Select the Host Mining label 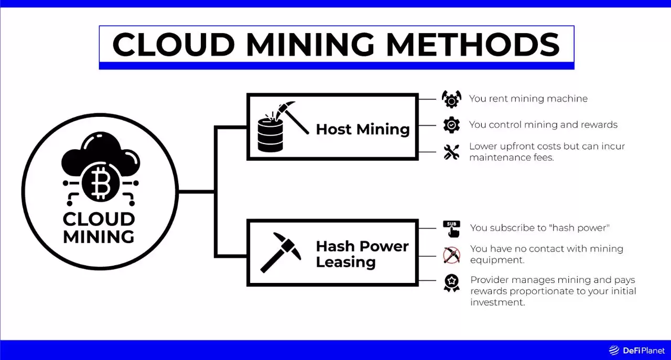pos(363,129)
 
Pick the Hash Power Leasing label pos(362,254)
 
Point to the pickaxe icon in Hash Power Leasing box pos(281,253)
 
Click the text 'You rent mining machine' pos(528,99)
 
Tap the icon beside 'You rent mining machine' pos(451,99)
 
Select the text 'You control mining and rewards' pos(543,125)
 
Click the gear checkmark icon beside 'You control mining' pos(451,125)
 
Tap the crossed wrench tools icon pos(451,152)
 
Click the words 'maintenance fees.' pos(511,157)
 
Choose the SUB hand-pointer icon pos(452,228)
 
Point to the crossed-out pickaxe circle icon pos(451,255)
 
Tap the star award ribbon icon pos(451,282)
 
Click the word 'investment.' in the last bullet pos(497,302)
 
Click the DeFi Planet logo pos(636,351)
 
